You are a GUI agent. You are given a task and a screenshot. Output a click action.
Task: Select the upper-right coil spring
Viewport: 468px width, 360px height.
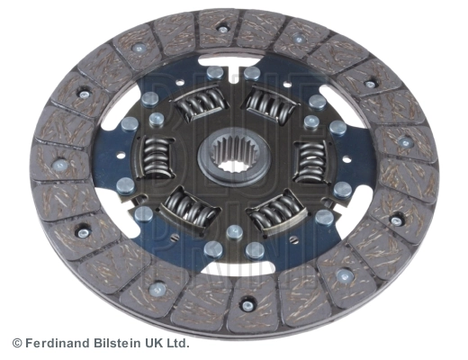point(270,105)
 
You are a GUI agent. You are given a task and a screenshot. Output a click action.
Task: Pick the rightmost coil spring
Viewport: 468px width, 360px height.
point(311,162)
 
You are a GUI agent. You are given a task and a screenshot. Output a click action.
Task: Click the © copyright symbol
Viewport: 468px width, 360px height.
point(16,343)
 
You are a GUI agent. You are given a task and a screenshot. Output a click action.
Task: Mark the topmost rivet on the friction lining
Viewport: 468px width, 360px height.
point(223,29)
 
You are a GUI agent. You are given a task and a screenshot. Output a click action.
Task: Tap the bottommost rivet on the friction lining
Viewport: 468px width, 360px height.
point(247,305)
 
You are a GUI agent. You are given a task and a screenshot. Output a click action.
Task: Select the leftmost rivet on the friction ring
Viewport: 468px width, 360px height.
point(60,166)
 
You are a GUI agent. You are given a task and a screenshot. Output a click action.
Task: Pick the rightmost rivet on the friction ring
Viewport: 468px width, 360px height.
point(407,141)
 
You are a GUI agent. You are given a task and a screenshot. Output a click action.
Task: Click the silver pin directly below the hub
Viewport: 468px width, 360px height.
point(235,231)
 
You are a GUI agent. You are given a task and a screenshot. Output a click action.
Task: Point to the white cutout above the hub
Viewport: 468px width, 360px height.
point(236,66)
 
